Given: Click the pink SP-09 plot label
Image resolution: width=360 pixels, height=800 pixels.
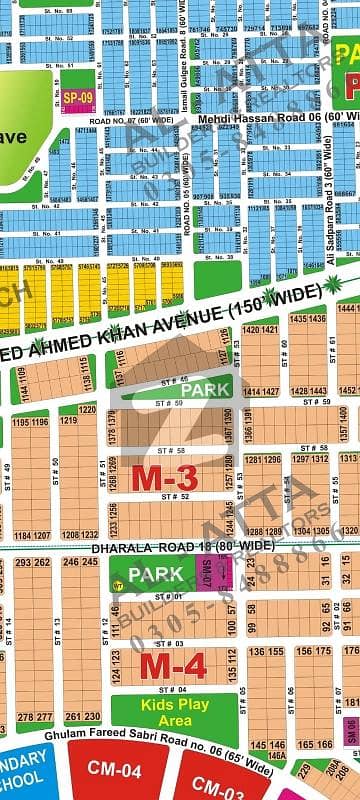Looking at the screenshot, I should [x=77, y=97].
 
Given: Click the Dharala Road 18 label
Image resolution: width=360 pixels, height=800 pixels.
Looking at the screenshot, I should [x=182, y=547].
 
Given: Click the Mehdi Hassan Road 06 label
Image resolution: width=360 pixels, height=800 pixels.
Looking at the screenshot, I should [x=250, y=118].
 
